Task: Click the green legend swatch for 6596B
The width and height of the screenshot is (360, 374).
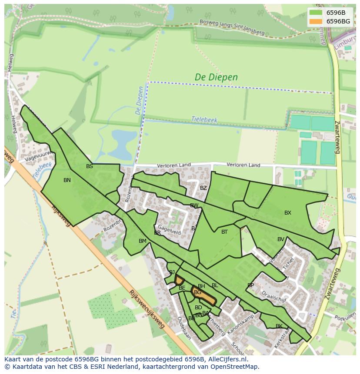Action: click(x=316, y=13)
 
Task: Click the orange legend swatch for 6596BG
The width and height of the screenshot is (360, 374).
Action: click(x=316, y=21)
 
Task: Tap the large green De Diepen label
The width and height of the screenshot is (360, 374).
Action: click(x=216, y=77)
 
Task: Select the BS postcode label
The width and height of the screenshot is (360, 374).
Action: click(x=90, y=166)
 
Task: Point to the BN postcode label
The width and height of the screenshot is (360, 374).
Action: click(x=67, y=180)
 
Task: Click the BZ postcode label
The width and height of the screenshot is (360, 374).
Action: click(x=203, y=188)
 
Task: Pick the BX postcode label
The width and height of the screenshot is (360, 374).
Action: click(x=288, y=213)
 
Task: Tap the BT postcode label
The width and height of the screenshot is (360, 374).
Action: click(x=224, y=232)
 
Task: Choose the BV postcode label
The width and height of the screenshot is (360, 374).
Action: click(x=281, y=239)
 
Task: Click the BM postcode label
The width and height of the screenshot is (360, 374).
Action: click(x=143, y=241)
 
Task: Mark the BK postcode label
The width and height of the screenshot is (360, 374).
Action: click(x=279, y=326)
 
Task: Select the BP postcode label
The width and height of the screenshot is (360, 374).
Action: click(x=250, y=285)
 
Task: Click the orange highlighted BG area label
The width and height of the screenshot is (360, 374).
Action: click(x=198, y=293)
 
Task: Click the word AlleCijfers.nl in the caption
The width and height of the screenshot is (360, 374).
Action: click(x=226, y=359)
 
